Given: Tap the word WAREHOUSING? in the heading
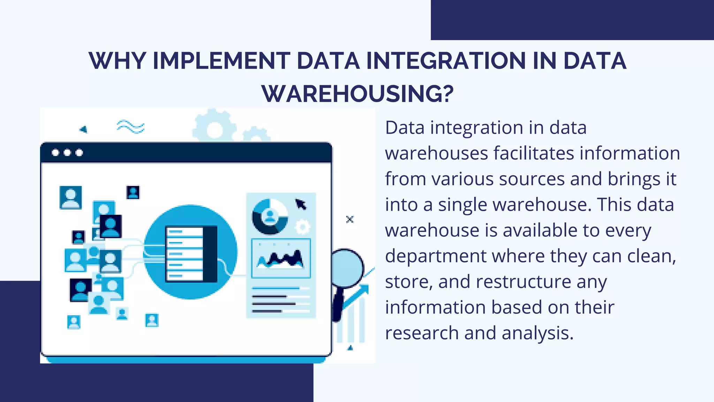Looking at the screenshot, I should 357,94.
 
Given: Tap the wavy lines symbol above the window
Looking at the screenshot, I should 130,127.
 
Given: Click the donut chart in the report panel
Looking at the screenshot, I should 270,217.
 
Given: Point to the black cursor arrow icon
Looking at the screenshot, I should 301,204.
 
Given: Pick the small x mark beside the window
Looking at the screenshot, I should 350,219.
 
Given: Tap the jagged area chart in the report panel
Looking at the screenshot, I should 281,259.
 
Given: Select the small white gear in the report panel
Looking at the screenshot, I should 302,227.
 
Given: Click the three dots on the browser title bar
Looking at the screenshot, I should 67,152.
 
